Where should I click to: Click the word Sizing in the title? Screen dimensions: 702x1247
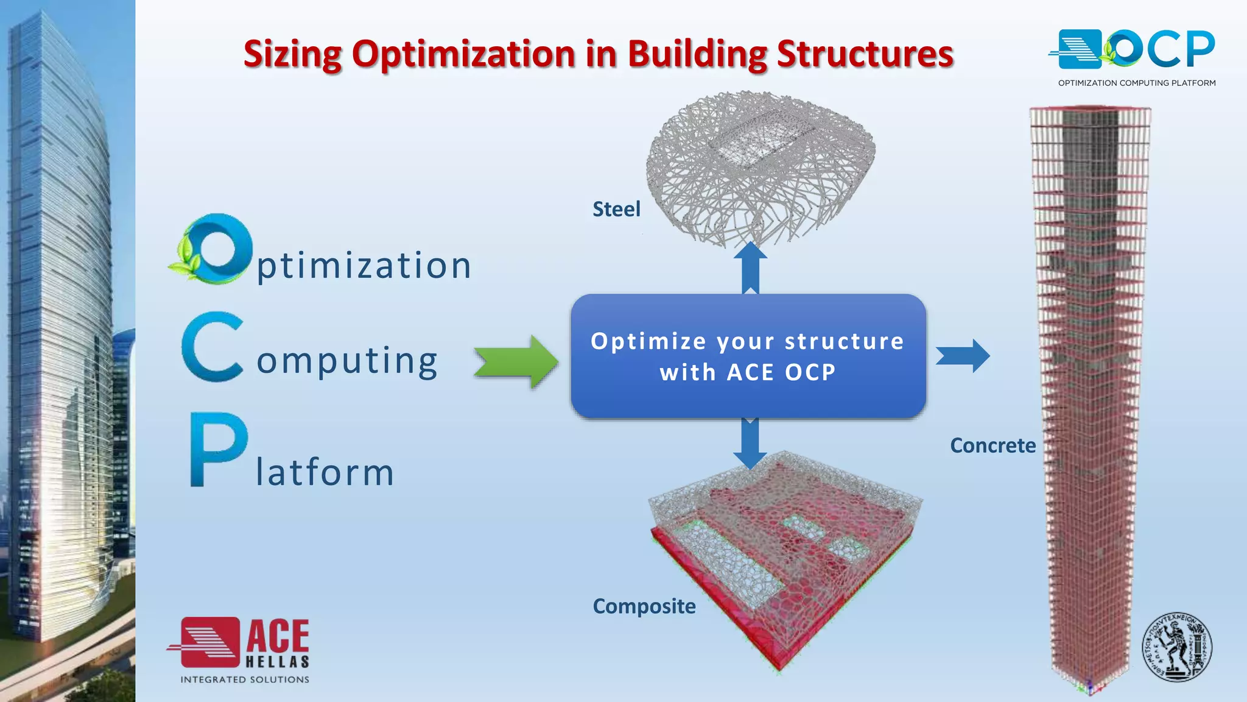click(292, 55)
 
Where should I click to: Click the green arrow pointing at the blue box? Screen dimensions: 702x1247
click(516, 362)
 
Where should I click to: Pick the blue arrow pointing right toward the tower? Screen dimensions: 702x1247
click(963, 356)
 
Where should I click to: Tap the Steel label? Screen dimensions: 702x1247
click(616, 210)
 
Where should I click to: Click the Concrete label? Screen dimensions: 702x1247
click(992, 445)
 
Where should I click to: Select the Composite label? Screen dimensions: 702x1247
click(644, 606)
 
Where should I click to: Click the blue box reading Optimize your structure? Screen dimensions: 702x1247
click(748, 356)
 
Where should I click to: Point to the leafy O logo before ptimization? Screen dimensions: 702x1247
click(213, 249)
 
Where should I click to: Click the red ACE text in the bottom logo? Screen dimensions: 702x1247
click(278, 636)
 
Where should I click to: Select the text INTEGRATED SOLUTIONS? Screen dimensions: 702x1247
click(245, 679)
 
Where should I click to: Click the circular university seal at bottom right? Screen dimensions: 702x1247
click(1176, 647)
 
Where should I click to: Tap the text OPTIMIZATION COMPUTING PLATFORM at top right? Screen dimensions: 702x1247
click(1136, 83)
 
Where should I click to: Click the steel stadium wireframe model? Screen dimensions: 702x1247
click(761, 165)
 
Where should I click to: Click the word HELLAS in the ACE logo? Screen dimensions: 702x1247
click(278, 662)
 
